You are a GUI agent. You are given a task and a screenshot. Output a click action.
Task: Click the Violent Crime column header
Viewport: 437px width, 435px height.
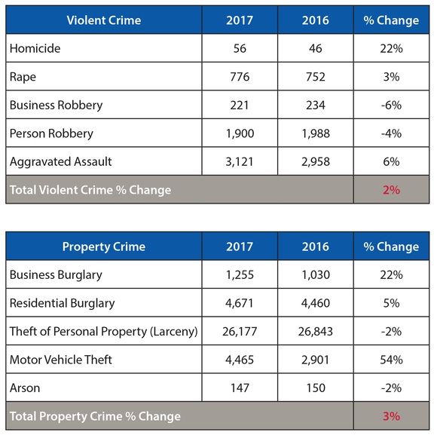click(x=104, y=20)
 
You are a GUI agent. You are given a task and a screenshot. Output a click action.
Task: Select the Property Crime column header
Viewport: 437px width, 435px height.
click(x=104, y=247)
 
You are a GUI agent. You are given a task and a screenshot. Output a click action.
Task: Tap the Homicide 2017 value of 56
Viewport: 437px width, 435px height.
click(x=240, y=48)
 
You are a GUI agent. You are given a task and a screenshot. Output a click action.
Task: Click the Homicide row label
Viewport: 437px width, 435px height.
click(x=35, y=48)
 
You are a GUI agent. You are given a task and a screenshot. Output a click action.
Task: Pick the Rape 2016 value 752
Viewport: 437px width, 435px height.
click(x=315, y=77)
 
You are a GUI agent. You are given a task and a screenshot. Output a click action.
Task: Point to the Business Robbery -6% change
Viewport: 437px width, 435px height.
click(x=391, y=105)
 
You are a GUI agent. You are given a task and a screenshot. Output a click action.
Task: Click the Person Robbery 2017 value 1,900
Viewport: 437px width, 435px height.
click(x=240, y=133)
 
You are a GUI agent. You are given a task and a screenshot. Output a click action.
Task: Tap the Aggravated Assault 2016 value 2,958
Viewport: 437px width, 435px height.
click(x=315, y=161)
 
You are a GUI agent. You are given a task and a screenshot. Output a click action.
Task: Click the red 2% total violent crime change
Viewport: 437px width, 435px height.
click(x=391, y=190)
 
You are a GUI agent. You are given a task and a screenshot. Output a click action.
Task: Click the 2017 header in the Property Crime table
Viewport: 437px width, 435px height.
click(x=240, y=247)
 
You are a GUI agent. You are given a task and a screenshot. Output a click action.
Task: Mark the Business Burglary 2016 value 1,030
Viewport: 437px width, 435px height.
click(x=315, y=275)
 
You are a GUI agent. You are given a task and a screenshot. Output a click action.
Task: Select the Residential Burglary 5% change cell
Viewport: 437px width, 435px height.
click(x=391, y=303)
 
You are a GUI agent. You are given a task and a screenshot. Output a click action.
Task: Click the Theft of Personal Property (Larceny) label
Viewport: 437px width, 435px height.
click(x=103, y=332)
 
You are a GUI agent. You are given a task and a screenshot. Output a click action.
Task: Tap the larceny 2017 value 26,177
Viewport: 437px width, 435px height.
click(x=240, y=332)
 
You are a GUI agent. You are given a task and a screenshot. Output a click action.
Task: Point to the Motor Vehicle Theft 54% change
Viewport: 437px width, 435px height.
click(x=391, y=360)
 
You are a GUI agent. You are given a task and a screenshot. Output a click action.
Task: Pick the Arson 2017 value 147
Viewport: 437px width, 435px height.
click(x=240, y=388)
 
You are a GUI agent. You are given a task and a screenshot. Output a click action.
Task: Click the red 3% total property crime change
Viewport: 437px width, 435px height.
click(x=391, y=416)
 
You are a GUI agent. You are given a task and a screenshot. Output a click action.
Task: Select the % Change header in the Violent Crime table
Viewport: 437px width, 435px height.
click(x=391, y=20)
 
